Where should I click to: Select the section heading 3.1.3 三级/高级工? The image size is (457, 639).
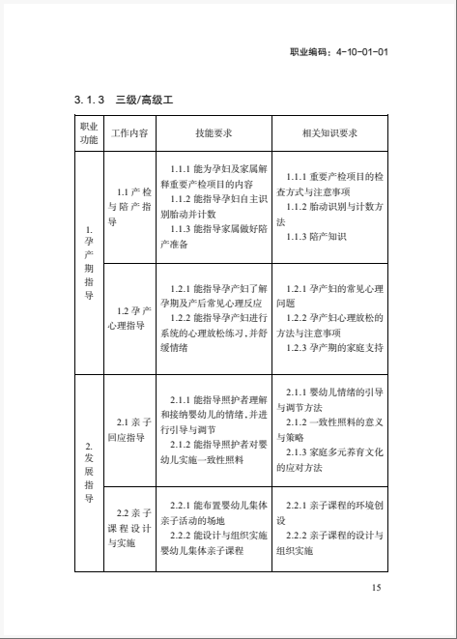122,99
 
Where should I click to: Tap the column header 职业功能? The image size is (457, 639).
88,133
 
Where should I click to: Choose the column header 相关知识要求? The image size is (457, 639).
329,133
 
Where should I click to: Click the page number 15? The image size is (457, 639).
377,588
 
